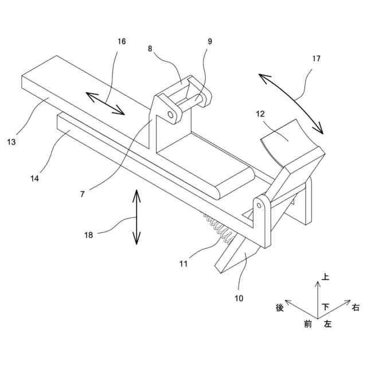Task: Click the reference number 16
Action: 122,41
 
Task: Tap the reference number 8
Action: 150,49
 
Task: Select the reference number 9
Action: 209,41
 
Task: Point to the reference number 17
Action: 317,58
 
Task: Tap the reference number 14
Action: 35,178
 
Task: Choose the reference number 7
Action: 83,194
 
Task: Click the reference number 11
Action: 183,264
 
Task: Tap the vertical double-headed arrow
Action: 136,217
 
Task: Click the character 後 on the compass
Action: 280,308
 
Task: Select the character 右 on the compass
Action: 356,308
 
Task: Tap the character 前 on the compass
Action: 308,324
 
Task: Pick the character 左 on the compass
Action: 327,324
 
